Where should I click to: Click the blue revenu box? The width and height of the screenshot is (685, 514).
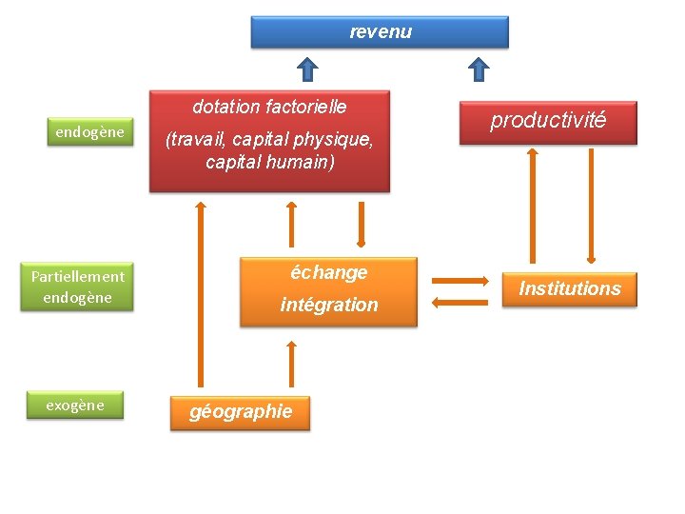(380, 31)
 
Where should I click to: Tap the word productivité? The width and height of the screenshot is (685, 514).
(548, 120)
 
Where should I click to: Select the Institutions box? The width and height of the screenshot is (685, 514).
(569, 288)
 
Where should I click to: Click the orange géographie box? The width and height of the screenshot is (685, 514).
(241, 412)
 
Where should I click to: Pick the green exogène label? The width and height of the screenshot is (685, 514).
(75, 405)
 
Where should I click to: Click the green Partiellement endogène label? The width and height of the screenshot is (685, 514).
(77, 287)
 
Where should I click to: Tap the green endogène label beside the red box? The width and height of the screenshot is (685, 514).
(89, 132)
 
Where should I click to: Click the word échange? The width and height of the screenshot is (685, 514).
(328, 272)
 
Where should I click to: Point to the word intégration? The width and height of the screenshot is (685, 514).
(329, 305)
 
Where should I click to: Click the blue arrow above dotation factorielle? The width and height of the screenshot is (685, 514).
(306, 69)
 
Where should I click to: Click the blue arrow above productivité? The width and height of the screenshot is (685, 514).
(479, 69)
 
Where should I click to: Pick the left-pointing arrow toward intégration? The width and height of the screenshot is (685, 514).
(460, 304)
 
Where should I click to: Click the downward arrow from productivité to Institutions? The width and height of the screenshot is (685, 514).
(592, 205)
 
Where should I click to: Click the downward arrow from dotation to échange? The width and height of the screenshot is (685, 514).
(361, 225)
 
